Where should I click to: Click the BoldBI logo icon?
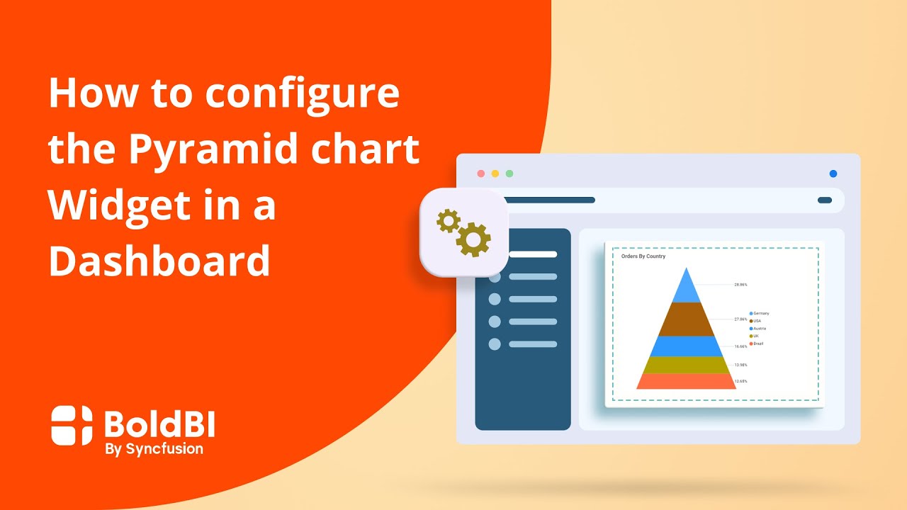(72, 425)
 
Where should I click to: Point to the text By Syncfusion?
(154, 448)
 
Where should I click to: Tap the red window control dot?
(481, 174)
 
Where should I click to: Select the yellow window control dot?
(495, 174)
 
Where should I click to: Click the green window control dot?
(509, 174)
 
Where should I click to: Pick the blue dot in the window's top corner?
(833, 174)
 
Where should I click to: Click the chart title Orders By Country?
(643, 256)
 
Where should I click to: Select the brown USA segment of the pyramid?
(686, 319)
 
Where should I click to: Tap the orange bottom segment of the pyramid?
(686, 381)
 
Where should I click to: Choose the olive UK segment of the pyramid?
(686, 365)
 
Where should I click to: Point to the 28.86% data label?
(740, 285)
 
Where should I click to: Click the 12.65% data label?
(740, 382)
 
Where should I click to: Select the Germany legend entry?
(760, 313)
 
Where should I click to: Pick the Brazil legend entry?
(757, 344)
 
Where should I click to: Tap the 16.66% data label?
(740, 347)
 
